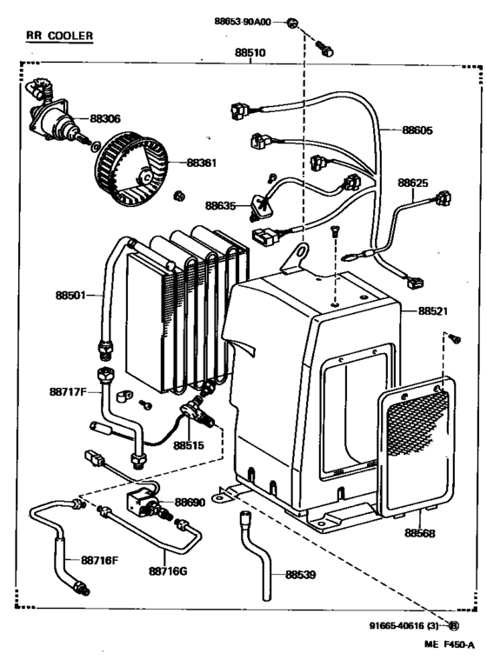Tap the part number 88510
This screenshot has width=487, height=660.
pos(250,53)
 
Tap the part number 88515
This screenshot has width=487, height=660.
pos(188,445)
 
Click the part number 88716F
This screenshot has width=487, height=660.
pos(100,559)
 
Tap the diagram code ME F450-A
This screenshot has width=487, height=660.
pos(450,644)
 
